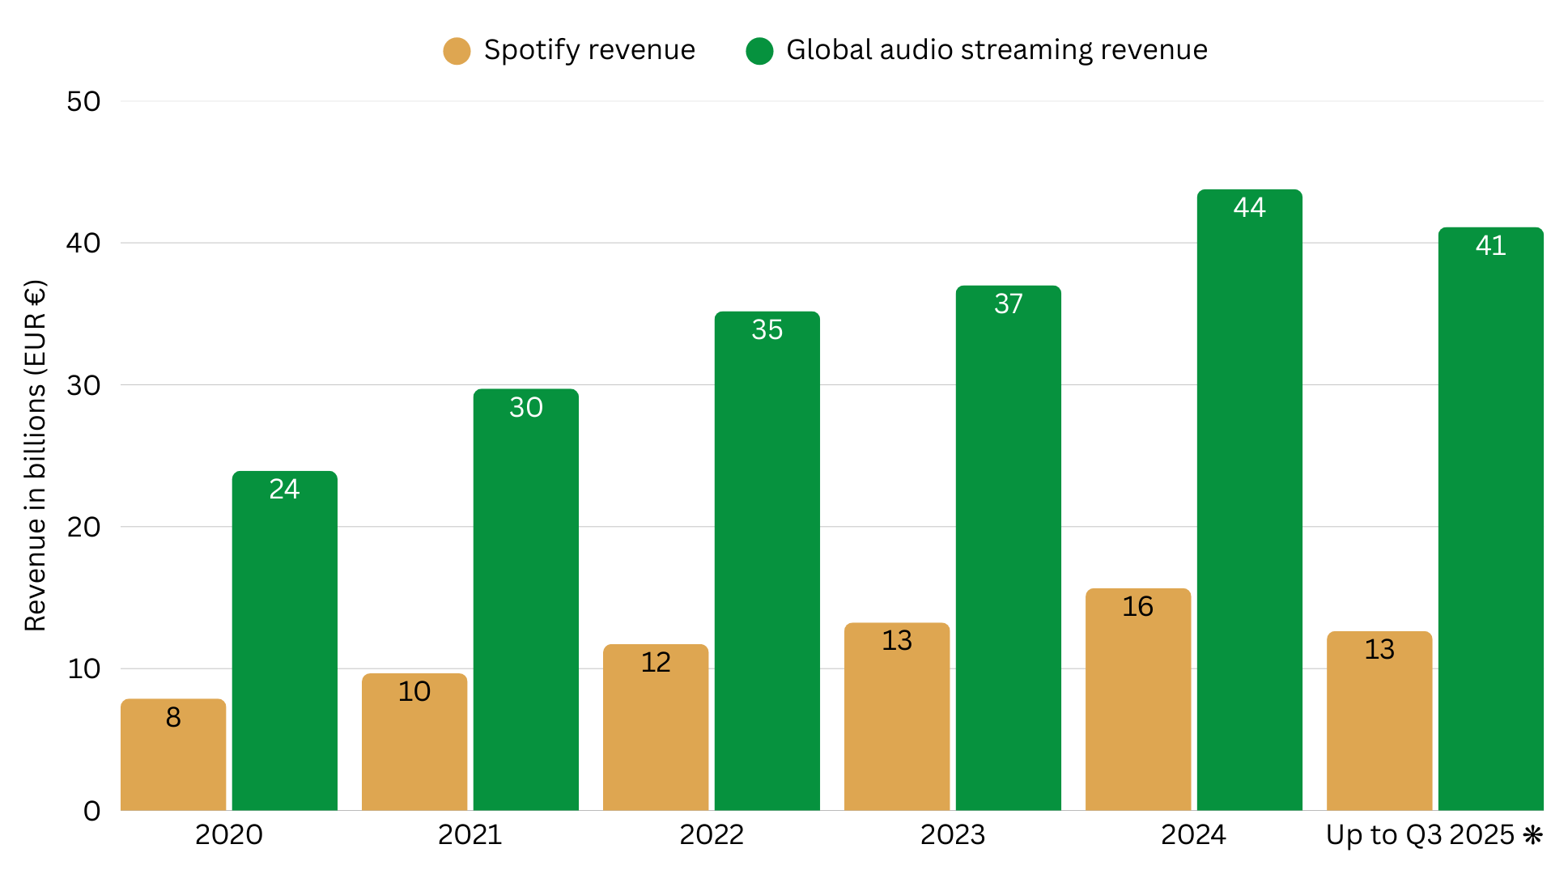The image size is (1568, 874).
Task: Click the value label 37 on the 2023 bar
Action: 1009,304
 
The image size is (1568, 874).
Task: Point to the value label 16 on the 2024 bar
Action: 1137,607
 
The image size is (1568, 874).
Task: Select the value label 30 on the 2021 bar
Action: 526,408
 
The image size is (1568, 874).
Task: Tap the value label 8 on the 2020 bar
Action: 173,718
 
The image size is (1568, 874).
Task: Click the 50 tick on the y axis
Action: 83,102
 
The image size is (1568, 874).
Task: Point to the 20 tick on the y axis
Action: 83,528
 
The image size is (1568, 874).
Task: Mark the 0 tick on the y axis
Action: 91,811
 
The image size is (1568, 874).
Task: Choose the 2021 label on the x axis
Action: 470,835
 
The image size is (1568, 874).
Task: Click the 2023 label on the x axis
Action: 953,835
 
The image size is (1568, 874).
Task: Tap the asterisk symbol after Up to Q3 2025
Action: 1532,835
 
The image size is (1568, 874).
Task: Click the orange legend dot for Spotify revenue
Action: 457,51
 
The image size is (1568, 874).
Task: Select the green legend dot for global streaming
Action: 759,51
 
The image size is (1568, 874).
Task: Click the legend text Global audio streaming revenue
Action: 996,50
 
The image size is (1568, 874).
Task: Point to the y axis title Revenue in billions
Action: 35,456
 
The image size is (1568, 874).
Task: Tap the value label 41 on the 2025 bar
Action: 1490,246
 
